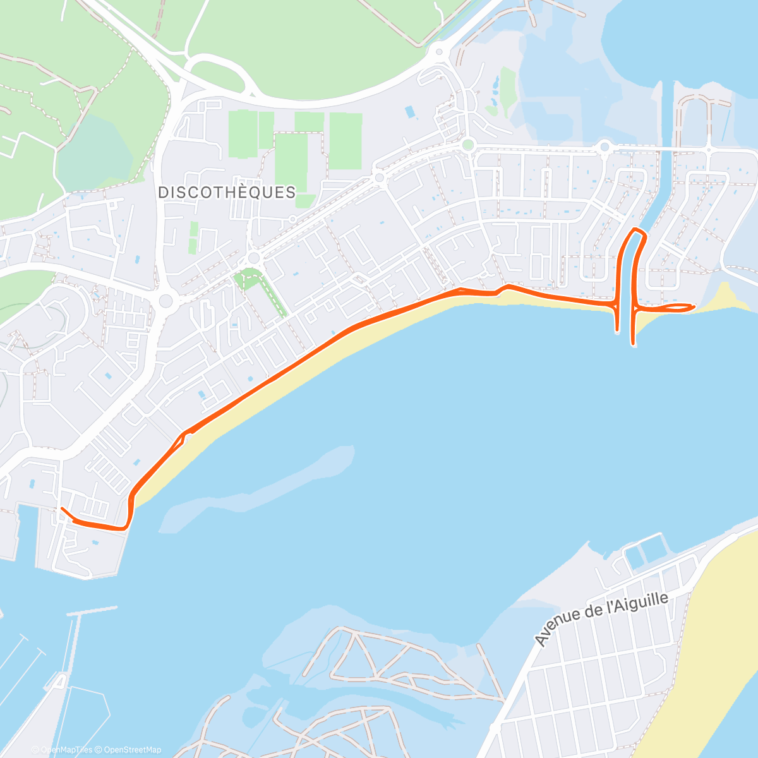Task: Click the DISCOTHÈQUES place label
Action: [x=227, y=192]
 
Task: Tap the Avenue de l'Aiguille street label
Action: [x=601, y=620]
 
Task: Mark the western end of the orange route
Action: [x=61, y=508]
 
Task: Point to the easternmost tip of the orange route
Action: [x=694, y=306]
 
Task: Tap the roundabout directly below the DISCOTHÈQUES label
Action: [x=254, y=258]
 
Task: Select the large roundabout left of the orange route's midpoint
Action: [x=166, y=301]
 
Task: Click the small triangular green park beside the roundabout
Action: [x=244, y=279]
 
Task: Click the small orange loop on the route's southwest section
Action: [x=184, y=436]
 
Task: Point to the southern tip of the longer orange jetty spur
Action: [x=633, y=344]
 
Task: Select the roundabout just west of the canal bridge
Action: [x=605, y=147]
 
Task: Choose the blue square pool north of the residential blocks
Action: [x=411, y=112]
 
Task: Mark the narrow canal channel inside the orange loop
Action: [x=625, y=278]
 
